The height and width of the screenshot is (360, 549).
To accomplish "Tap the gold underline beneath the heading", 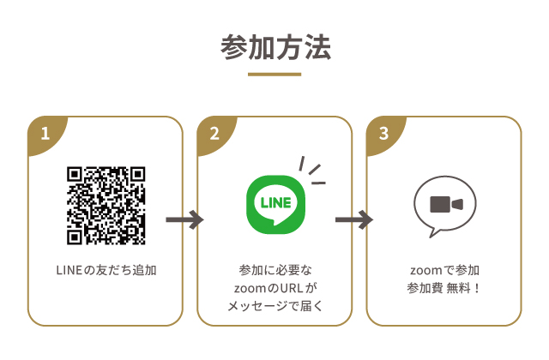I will [x=274, y=75].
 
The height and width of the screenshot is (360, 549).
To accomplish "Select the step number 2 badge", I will [x=214, y=134].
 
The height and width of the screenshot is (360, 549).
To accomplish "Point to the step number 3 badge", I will [x=383, y=134].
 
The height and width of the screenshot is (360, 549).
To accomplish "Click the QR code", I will [x=106, y=205].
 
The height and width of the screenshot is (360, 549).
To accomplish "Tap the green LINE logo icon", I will [x=274, y=204].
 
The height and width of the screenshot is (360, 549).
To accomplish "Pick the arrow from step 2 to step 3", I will [x=353, y=220].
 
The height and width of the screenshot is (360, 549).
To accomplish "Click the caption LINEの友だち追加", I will [x=106, y=270].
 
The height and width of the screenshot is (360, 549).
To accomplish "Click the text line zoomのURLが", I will [x=274, y=287].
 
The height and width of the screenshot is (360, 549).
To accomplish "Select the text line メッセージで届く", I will [x=274, y=305].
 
